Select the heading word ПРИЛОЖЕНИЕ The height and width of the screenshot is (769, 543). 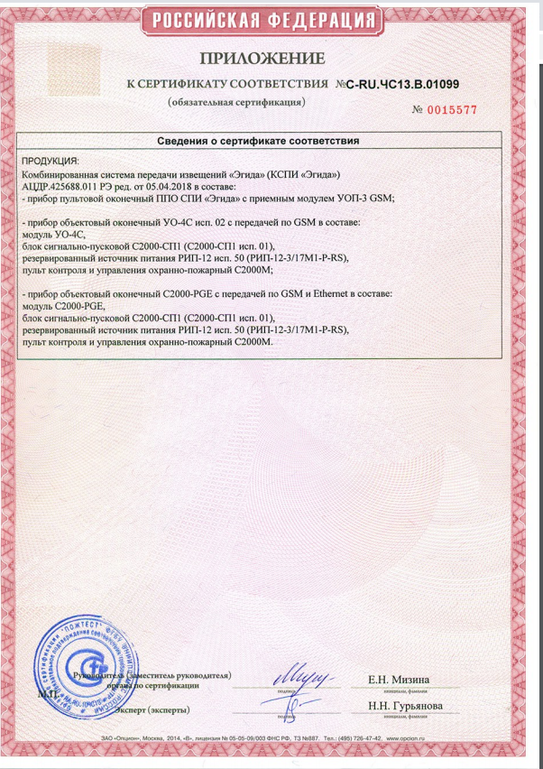tap(262, 60)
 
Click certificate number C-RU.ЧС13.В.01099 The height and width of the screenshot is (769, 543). tap(402, 84)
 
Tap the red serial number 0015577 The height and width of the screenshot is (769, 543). tap(449, 109)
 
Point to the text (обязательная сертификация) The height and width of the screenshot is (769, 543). tap(236, 102)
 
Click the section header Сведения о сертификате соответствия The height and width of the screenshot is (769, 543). tap(258, 141)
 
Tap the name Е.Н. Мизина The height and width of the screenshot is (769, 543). tap(399, 679)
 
